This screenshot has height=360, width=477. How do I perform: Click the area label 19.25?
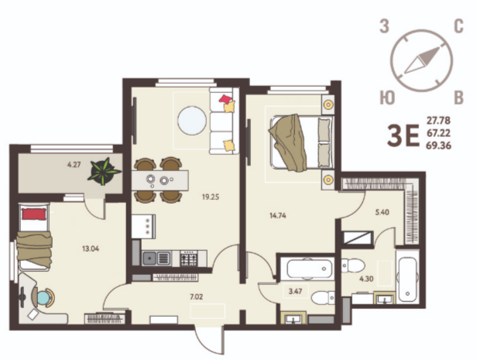pyautogui.click(x=211, y=197)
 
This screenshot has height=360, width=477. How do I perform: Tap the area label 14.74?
pyautogui.click(x=278, y=216)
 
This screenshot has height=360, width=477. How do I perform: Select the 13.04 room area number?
pyautogui.click(x=91, y=249)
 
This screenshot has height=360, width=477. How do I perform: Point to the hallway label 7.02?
pyautogui.click(x=196, y=297)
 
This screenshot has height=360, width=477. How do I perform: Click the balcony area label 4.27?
pyautogui.click(x=74, y=165)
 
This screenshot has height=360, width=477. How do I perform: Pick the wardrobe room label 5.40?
pyautogui.click(x=382, y=212)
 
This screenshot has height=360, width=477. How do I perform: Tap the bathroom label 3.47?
pyautogui.click(x=295, y=291)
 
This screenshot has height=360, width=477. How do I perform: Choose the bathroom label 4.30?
pyautogui.click(x=366, y=279)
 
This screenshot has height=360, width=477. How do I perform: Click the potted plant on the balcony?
pyautogui.click(x=104, y=172)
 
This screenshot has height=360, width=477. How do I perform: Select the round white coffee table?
pyautogui.click(x=192, y=121)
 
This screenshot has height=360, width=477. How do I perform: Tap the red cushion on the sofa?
pyautogui.click(x=226, y=99)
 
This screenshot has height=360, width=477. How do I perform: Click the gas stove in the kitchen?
pyautogui.click(x=189, y=259)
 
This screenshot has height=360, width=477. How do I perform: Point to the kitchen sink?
pyautogui.click(x=156, y=259)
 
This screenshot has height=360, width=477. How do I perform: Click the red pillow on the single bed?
pyautogui.click(x=34, y=214)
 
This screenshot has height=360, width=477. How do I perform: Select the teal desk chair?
pyautogui.click(x=43, y=297)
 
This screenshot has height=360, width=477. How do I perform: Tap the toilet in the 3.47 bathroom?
pyautogui.click(x=323, y=297)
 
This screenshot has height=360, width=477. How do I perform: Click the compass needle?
pyautogui.click(x=422, y=60)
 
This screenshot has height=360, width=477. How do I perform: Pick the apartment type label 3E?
pyautogui.click(x=403, y=135)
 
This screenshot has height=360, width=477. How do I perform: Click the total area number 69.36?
pyautogui.click(x=438, y=146)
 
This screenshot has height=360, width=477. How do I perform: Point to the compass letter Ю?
pyautogui.click(x=387, y=98)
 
